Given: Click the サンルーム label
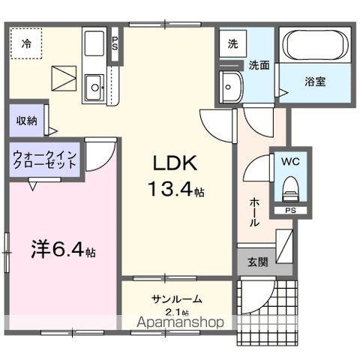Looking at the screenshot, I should [176, 299].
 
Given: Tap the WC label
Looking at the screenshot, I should [289, 161].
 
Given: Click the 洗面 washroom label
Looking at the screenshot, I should [259, 64].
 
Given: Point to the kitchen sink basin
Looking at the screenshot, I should [95, 88].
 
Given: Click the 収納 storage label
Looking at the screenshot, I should [26, 120].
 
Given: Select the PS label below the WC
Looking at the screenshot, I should [289, 211].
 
